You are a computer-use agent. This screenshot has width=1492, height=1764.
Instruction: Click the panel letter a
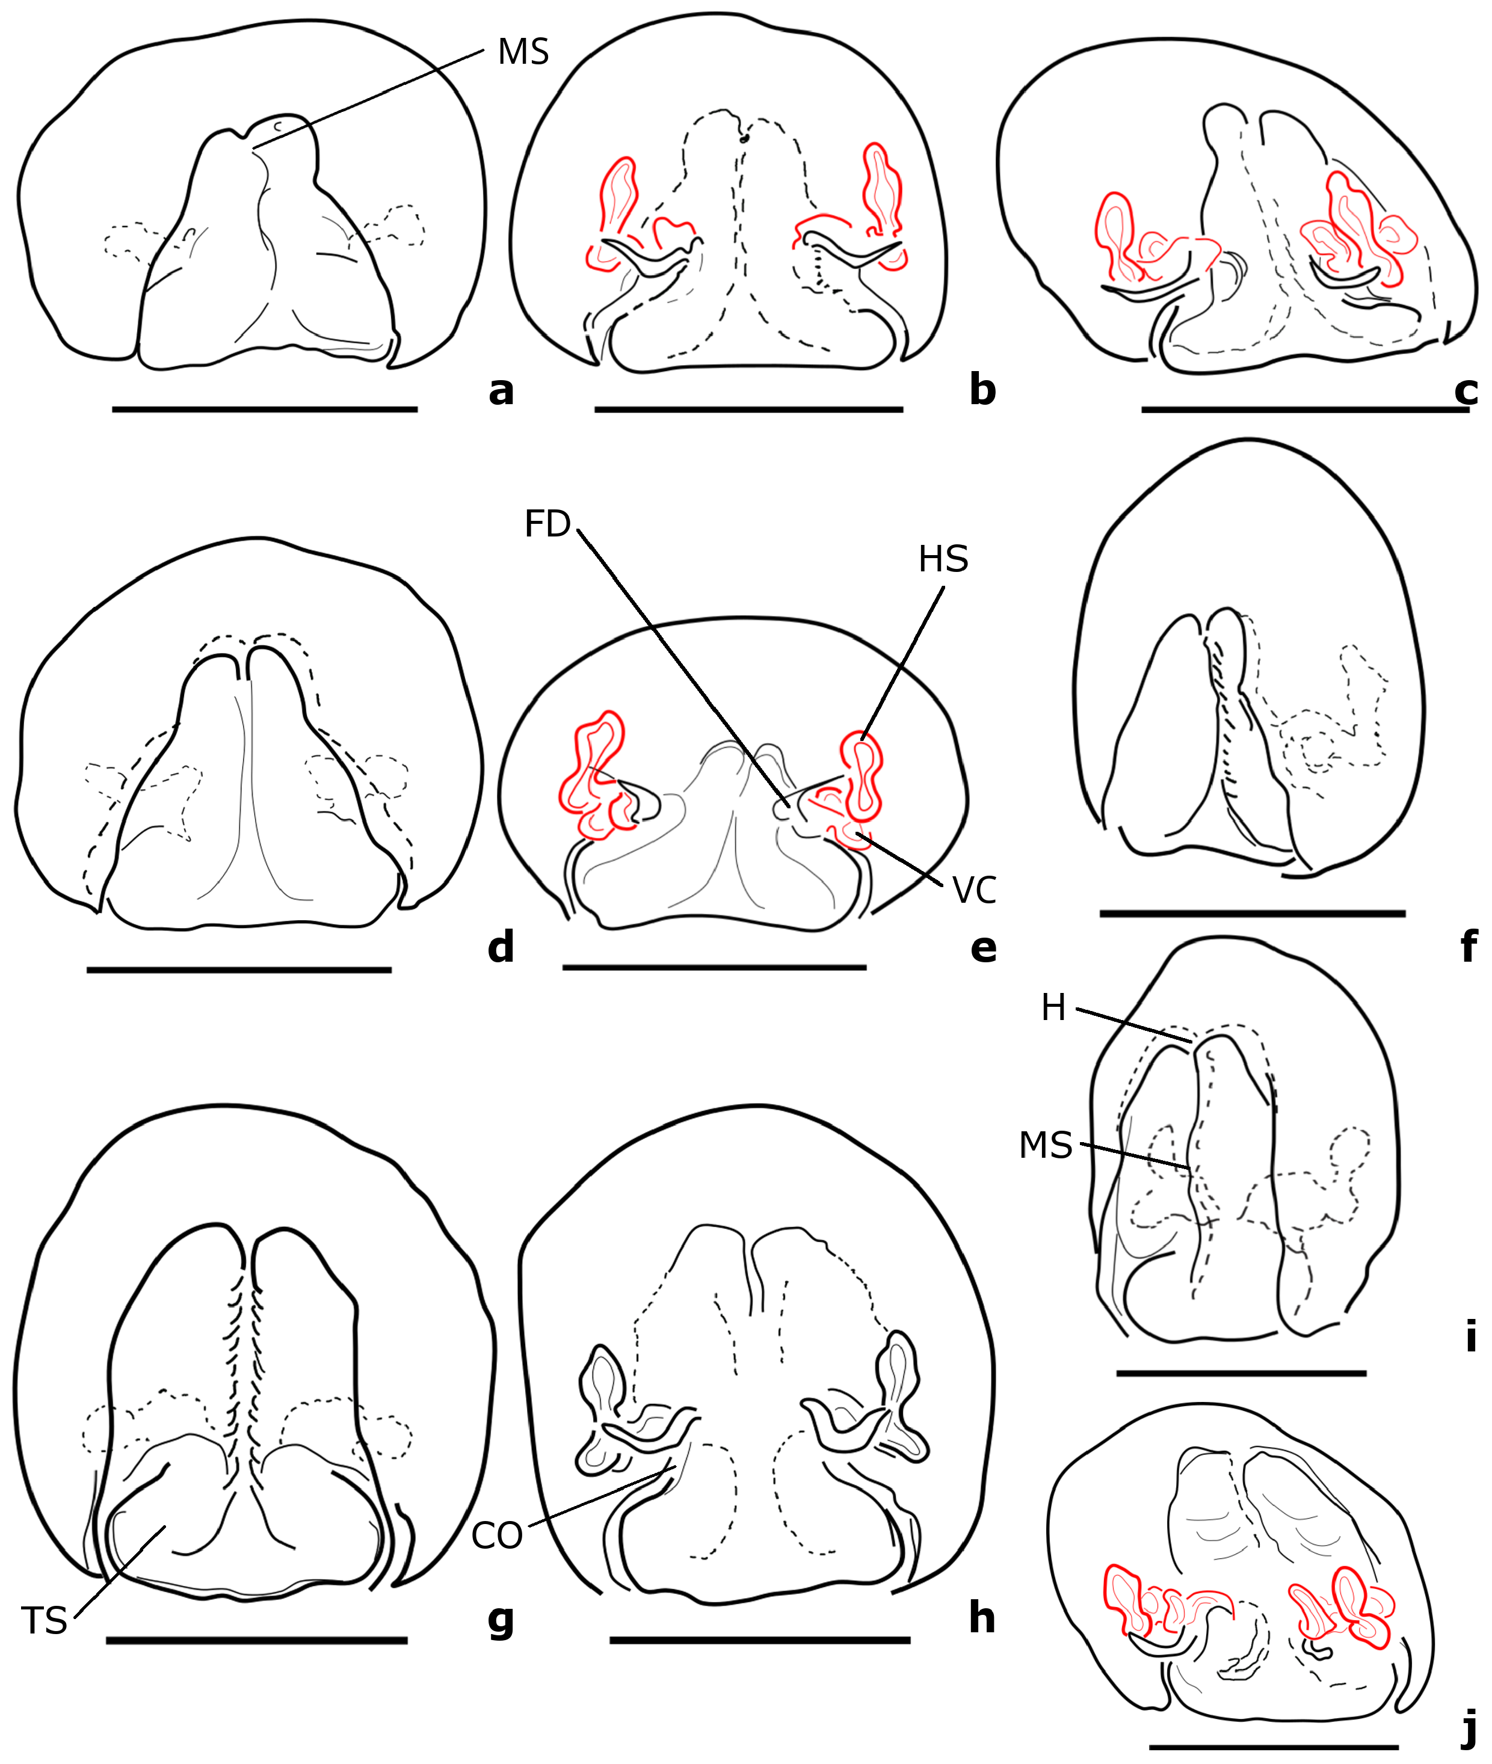(x=501, y=391)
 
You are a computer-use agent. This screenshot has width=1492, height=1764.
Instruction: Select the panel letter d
(x=501, y=947)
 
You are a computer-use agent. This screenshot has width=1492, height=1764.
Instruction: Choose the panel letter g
(x=501, y=1618)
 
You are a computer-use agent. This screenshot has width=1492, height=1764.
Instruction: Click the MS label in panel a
(x=523, y=52)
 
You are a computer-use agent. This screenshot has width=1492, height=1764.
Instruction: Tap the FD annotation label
(x=547, y=524)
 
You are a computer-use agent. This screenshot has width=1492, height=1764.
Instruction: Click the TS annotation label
(x=44, y=1621)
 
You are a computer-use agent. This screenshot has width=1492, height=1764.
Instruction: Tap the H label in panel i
(x=1053, y=1008)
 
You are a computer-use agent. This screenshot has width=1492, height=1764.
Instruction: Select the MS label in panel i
(x=1046, y=1146)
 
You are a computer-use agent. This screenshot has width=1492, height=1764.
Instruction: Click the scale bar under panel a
(x=265, y=410)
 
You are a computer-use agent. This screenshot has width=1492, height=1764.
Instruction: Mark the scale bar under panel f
(x=1253, y=914)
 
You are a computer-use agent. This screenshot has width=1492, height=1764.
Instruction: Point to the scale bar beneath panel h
(x=759, y=1640)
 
